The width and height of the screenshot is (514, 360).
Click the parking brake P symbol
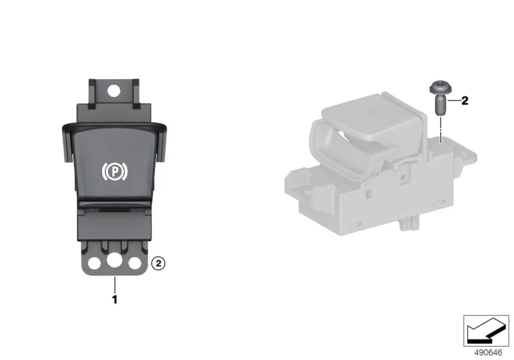pyautogui.click(x=114, y=171)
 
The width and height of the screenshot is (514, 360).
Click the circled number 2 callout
pyautogui.click(x=158, y=264)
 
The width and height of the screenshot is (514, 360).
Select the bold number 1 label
pyautogui.click(x=115, y=300)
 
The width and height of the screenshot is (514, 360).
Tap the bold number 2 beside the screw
pyautogui.click(x=465, y=101)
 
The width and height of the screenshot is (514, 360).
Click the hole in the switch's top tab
pyautogui.click(x=114, y=91)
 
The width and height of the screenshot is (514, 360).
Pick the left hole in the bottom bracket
pyautogui.click(x=94, y=263)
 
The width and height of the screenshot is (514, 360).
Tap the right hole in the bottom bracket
pyautogui.click(x=135, y=264)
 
